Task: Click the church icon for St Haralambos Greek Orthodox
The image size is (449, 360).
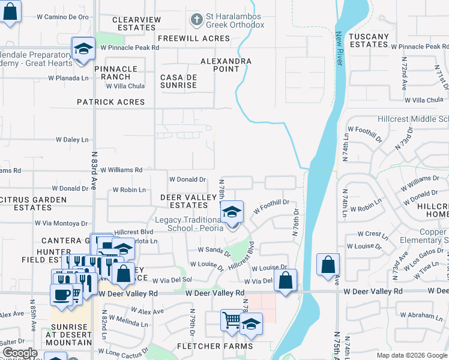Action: click(195, 20)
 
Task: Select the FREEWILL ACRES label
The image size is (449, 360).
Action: click(194, 38)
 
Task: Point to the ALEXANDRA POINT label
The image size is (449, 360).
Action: click(226, 65)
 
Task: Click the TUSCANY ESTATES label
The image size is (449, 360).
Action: click(369, 40)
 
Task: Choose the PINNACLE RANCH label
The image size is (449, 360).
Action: click(120, 73)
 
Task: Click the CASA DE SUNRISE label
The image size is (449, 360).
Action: click(178, 81)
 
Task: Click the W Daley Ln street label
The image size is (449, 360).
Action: click(76, 140)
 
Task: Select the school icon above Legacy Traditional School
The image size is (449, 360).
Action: click(232, 212)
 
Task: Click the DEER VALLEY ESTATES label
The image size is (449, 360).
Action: click(188, 201)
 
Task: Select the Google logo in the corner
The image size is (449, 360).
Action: click(20, 353)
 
